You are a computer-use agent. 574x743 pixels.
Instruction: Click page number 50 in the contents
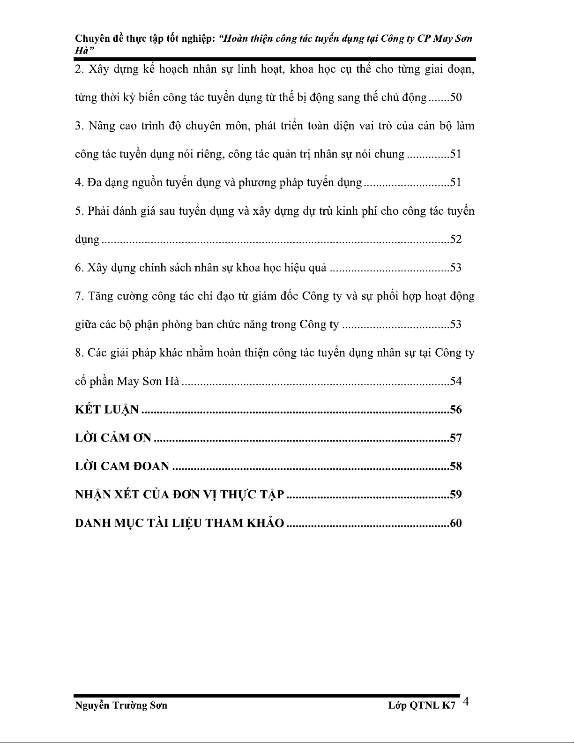pos(456,98)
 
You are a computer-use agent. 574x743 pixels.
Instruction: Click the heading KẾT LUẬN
pos(107,410)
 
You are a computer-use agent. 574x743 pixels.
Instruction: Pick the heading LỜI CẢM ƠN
pos(113,438)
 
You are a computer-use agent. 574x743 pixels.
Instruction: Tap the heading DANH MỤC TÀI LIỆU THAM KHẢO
pos(179,523)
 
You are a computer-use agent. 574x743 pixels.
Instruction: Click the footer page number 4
pos(466,702)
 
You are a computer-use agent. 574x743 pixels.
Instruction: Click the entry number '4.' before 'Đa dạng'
pos(79,183)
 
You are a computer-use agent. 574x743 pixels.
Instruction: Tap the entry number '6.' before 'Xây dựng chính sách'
pos(79,268)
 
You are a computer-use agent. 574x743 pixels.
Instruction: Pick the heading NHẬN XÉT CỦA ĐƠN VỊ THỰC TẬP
pos(179,495)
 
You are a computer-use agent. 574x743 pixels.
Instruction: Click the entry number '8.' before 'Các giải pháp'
pos(79,353)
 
